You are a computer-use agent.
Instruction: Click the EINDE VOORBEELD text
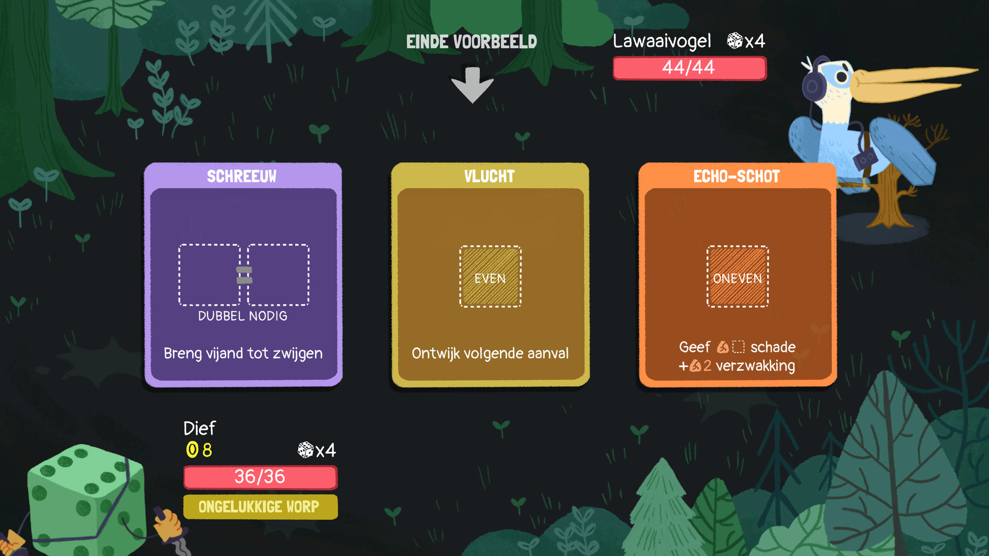tap(471, 42)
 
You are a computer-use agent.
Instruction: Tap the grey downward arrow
tap(472, 84)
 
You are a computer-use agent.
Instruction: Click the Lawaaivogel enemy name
tap(662, 41)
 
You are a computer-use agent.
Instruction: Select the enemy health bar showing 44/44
tap(689, 68)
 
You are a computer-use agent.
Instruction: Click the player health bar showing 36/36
tap(260, 477)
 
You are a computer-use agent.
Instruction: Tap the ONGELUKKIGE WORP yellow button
tap(260, 507)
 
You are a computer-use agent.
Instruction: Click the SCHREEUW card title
tap(242, 177)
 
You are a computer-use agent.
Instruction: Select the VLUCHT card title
tap(489, 177)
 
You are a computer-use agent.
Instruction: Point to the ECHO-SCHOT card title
tap(736, 177)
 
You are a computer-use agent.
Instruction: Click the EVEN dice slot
tap(490, 277)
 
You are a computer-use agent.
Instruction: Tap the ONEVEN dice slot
tap(737, 277)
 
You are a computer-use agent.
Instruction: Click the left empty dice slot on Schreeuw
tap(209, 275)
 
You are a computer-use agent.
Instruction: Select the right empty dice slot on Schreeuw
tap(278, 275)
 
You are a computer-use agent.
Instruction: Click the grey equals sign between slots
tap(244, 275)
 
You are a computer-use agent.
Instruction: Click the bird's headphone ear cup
tap(812, 85)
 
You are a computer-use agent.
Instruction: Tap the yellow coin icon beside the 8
tap(192, 449)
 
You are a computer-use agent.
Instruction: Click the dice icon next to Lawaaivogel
tap(735, 41)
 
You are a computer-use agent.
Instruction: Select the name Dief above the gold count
tap(199, 428)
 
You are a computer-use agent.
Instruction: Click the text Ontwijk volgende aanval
tap(490, 353)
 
